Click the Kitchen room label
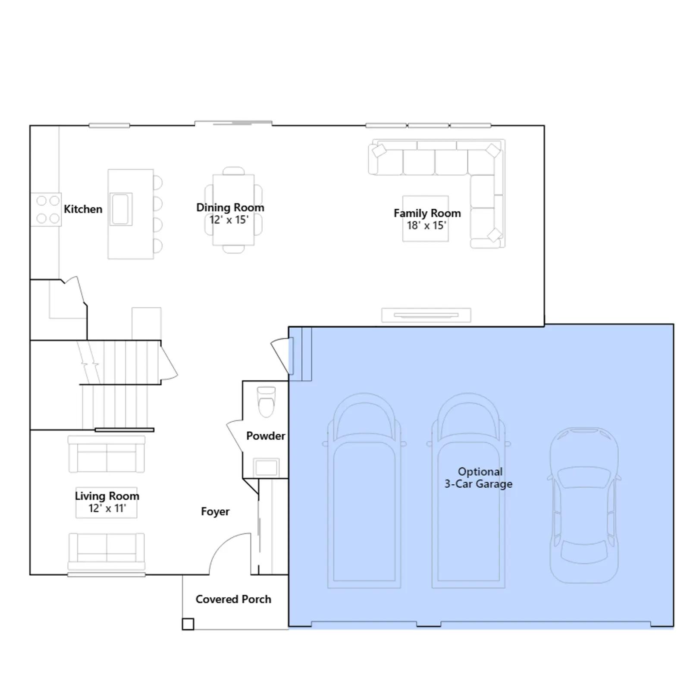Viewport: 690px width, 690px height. pyautogui.click(x=83, y=209)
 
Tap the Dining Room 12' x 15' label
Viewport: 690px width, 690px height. pyautogui.click(x=230, y=213)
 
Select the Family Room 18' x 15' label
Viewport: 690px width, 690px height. pyautogui.click(x=427, y=219)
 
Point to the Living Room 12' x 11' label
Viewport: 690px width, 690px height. pyautogui.click(x=107, y=502)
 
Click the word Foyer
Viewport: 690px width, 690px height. pyautogui.click(x=215, y=511)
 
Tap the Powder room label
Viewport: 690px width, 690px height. pyautogui.click(x=266, y=436)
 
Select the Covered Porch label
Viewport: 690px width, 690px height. pyautogui.click(x=233, y=599)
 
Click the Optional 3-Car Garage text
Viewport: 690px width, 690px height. pyautogui.click(x=479, y=478)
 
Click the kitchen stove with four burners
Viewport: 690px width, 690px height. pyautogui.click(x=46, y=210)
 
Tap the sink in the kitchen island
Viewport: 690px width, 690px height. pyautogui.click(x=121, y=209)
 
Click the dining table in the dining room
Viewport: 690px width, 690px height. pyautogui.click(x=233, y=210)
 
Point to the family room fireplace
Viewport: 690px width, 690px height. pyautogui.click(x=426, y=315)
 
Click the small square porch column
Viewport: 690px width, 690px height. pyautogui.click(x=188, y=624)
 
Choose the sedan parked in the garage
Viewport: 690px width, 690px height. pyautogui.click(x=584, y=505)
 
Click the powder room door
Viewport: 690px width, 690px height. pyautogui.click(x=235, y=436)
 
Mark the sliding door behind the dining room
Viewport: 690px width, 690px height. pyautogui.click(x=233, y=123)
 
